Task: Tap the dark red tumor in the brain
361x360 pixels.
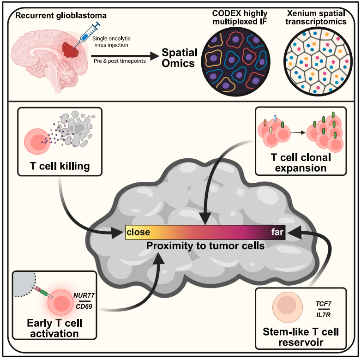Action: (x=70, y=50)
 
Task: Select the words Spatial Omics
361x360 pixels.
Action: (x=180, y=58)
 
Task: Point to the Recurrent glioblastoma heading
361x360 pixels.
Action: (x=61, y=16)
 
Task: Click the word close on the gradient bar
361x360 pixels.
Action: (x=138, y=232)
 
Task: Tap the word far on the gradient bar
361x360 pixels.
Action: (x=277, y=232)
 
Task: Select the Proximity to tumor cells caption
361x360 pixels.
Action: (x=205, y=246)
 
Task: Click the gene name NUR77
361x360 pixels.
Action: (x=84, y=295)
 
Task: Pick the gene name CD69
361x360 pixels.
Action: (x=84, y=306)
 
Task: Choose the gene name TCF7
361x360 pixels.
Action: (x=324, y=304)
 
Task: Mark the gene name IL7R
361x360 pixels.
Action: (x=324, y=315)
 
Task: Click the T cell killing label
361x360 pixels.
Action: (x=60, y=166)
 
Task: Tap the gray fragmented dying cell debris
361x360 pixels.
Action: (x=77, y=129)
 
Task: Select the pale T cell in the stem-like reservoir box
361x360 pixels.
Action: (x=288, y=306)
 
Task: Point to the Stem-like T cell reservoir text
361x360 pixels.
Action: (x=301, y=337)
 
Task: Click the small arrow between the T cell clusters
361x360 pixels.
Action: (x=298, y=132)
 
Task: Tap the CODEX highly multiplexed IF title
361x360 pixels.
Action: (x=240, y=17)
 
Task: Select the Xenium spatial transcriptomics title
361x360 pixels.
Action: (x=316, y=17)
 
